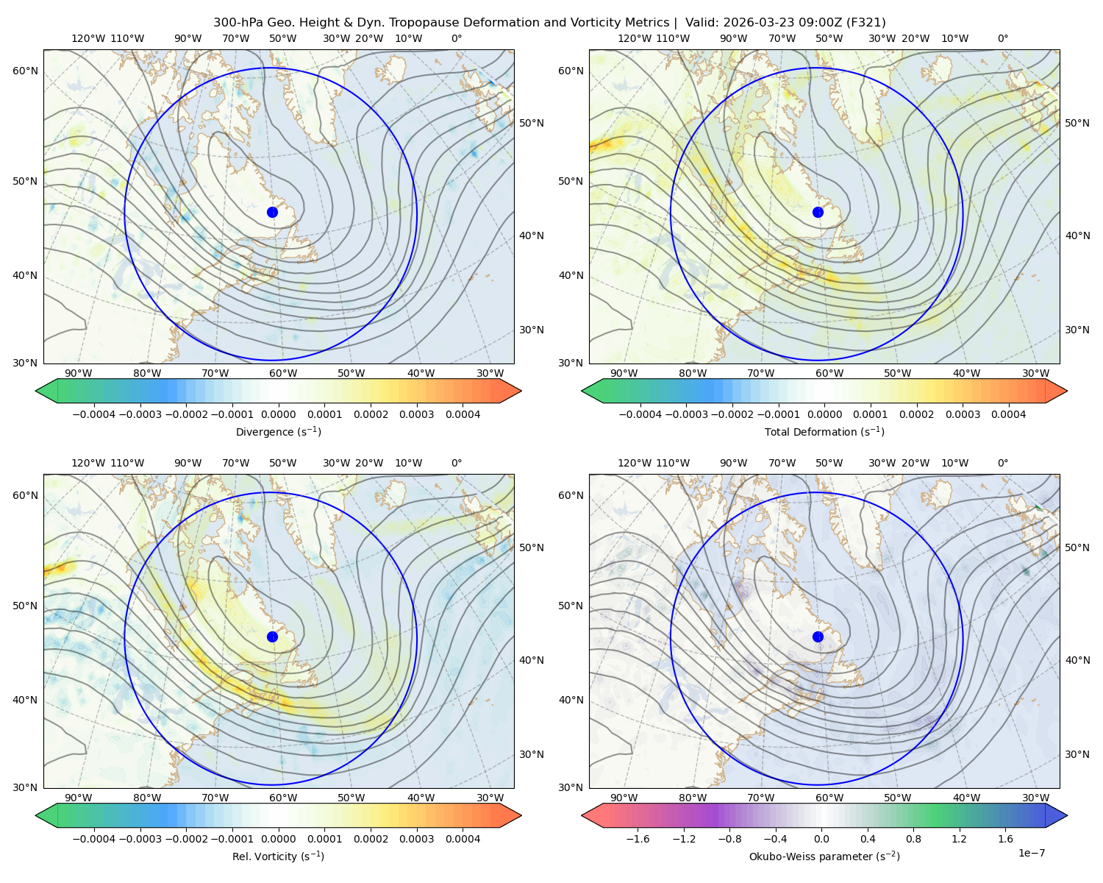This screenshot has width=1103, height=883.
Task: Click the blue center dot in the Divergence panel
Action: coord(272,212)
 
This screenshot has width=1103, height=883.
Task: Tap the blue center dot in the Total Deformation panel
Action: coord(818,212)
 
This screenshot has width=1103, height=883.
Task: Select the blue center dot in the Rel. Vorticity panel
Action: coord(272,636)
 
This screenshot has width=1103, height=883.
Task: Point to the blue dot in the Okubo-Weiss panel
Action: coord(818,636)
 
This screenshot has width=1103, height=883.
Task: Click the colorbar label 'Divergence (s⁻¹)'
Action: coord(278,431)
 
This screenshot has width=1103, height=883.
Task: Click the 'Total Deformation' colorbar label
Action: coord(803,431)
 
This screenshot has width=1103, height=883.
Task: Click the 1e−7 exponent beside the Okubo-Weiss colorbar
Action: coord(1031,853)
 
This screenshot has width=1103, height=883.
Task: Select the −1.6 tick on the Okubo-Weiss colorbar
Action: coord(638,838)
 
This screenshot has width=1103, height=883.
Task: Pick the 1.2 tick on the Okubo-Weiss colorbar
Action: coord(959,838)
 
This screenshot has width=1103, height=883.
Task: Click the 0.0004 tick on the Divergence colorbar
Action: coord(463,414)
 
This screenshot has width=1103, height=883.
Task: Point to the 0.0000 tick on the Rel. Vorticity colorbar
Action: coord(278,838)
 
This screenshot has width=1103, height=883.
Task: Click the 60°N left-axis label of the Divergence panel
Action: coord(25,71)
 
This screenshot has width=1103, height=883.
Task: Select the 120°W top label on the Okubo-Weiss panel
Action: coord(634,463)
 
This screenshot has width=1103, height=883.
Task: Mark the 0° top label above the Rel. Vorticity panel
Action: coord(457,463)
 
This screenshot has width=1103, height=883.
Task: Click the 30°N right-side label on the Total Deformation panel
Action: coord(1077,330)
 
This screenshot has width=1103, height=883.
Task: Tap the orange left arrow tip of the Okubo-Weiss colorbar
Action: coord(583,815)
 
